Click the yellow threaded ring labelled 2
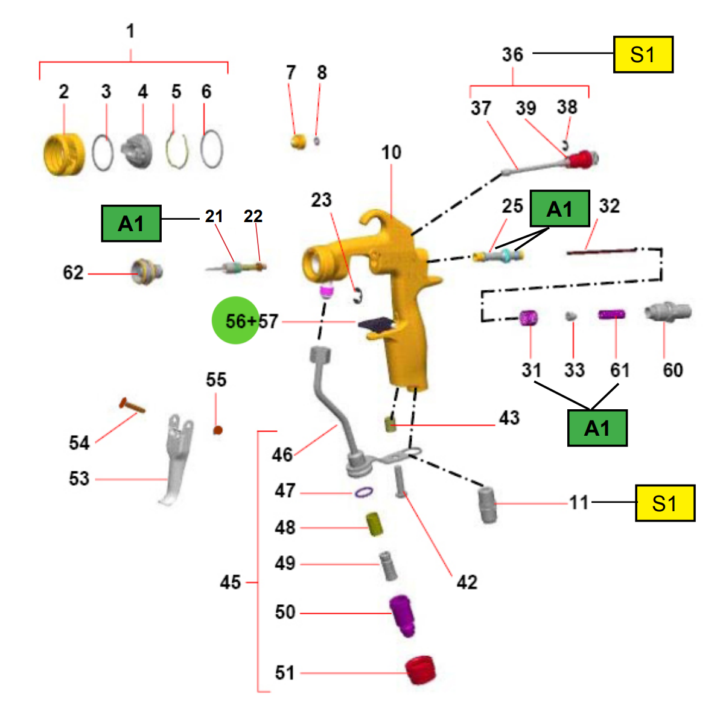[64, 154]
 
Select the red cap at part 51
[420, 670]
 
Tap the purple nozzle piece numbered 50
[402, 615]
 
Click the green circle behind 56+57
[235, 320]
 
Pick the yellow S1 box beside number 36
[643, 54]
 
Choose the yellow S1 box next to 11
[665, 503]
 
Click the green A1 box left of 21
[132, 223]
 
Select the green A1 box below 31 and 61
[597, 428]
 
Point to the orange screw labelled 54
[132, 406]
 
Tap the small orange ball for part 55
[218, 430]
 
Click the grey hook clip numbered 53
[176, 459]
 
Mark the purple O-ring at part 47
[364, 492]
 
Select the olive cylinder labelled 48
[375, 524]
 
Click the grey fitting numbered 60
[667, 312]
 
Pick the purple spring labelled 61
[611, 314]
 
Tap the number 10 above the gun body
[391, 152]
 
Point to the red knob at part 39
[580, 159]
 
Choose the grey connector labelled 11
[488, 505]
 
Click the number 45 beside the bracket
[230, 582]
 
